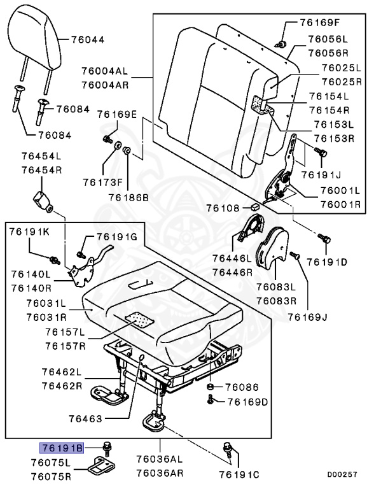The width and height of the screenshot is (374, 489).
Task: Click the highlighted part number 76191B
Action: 62,448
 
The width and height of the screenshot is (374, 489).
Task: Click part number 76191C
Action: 239,474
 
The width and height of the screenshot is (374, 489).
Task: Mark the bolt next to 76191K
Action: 55,259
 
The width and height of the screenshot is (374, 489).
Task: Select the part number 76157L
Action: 65,333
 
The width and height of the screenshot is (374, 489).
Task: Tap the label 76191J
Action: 321,174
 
